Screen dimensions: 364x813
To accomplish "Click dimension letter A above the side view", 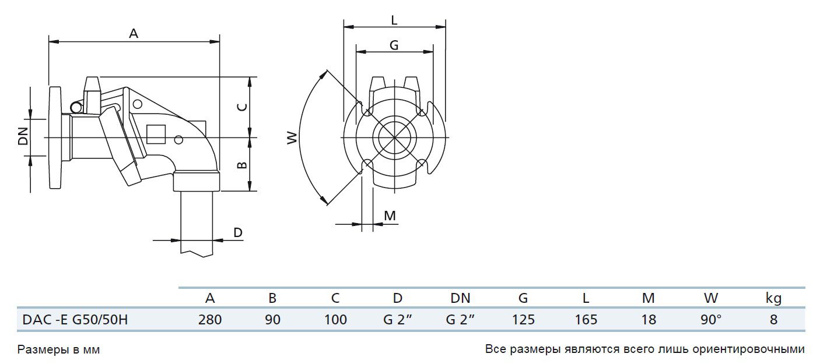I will [x=134, y=34].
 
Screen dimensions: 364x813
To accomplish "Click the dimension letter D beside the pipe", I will [x=238, y=232].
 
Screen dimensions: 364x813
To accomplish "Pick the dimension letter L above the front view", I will [x=394, y=20].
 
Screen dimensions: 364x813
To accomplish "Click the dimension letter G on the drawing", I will [x=394, y=45].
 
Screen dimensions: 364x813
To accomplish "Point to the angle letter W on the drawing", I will [x=292, y=137].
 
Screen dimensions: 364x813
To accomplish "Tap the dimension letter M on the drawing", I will [x=390, y=216].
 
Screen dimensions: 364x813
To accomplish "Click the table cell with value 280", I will [x=210, y=319].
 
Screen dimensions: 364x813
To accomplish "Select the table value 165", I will [x=586, y=319].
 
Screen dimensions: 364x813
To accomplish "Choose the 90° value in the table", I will [x=711, y=319].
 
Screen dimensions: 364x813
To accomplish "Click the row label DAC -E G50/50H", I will [x=75, y=319].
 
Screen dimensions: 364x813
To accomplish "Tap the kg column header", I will [x=773, y=299].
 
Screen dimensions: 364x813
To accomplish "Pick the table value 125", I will [x=523, y=319].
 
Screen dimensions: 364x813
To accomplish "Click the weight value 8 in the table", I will [x=773, y=319].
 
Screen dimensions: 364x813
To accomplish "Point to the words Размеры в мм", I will [x=59, y=350].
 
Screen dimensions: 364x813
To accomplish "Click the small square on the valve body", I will [x=156, y=135].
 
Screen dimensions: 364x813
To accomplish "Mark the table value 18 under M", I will [x=648, y=319].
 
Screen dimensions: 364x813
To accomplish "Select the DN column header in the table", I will [x=460, y=298].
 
